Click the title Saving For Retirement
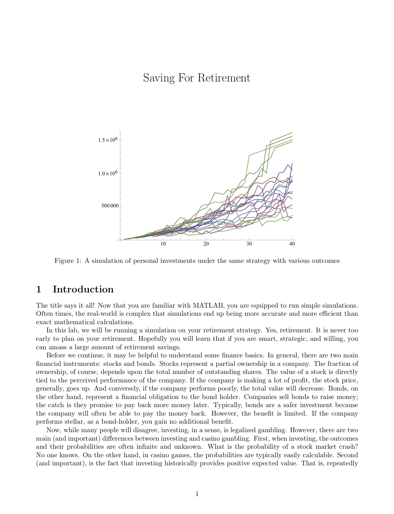point(196,78)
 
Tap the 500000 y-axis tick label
point(110,206)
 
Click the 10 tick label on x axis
point(163,244)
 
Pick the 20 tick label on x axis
point(206,244)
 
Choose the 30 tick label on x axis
point(249,244)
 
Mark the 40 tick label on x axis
point(292,244)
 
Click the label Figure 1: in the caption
point(68,261)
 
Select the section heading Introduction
point(83,289)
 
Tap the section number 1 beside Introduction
point(39,289)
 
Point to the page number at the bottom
point(197,494)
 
